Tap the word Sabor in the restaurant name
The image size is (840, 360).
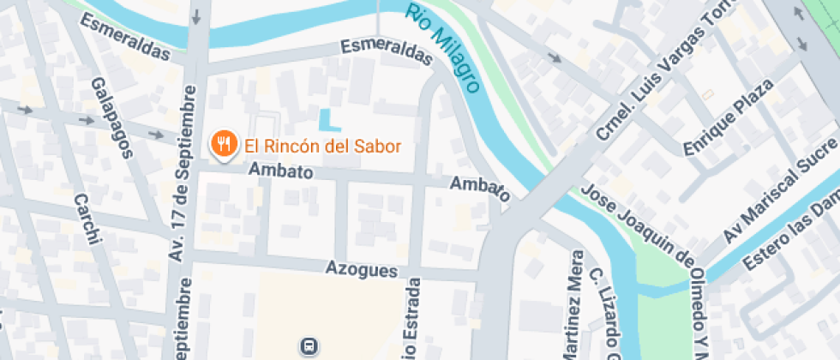coord(376,146)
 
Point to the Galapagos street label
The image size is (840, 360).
coord(112,118)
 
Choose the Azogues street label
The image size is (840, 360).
coord(361,268)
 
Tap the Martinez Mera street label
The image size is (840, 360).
coord(575,304)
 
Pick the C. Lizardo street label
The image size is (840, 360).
coord(602,313)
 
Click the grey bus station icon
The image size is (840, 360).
coord(309,346)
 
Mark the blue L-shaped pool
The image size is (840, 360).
coord(325,121)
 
